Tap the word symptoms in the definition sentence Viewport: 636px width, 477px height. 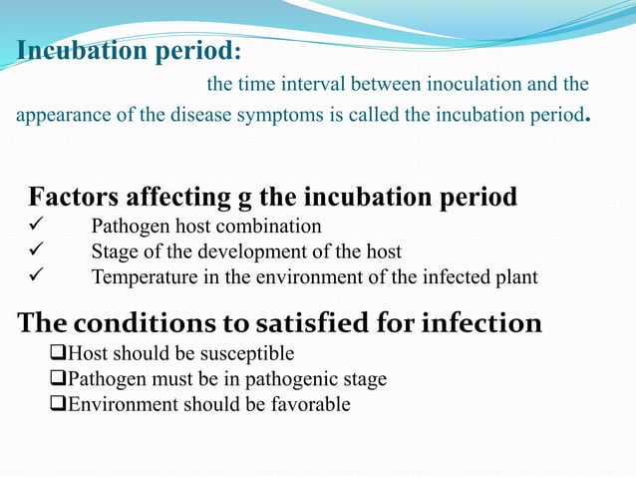[276, 115]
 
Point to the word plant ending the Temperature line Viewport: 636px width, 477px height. [515, 277]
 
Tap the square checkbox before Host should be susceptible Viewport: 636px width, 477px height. [57, 354]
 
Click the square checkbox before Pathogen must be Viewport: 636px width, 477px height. [57, 380]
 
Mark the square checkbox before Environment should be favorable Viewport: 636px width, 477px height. [57, 405]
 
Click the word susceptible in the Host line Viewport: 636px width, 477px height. [253, 354]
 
